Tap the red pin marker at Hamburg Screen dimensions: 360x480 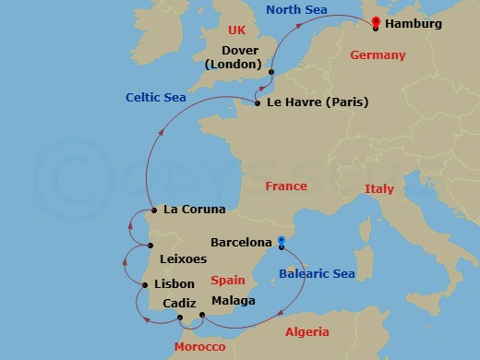click(375, 23)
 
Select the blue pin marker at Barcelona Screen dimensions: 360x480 click(281, 242)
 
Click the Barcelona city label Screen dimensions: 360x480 click(241, 242)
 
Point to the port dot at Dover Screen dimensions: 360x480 click(271, 72)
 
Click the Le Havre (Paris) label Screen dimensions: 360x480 click(317, 102)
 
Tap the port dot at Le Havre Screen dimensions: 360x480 click(258, 102)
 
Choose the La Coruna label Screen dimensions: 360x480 click(194, 210)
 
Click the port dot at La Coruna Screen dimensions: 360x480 click(152, 210)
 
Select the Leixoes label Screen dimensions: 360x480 click(183, 259)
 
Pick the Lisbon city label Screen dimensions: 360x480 click(175, 284)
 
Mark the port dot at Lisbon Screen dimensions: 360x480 click(145, 284)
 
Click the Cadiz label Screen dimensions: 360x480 click(179, 303)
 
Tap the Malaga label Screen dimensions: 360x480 click(234, 301)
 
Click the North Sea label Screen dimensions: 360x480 click(297, 10)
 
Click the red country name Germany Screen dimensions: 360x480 click(378, 55)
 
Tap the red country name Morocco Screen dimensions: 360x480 click(199, 346)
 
